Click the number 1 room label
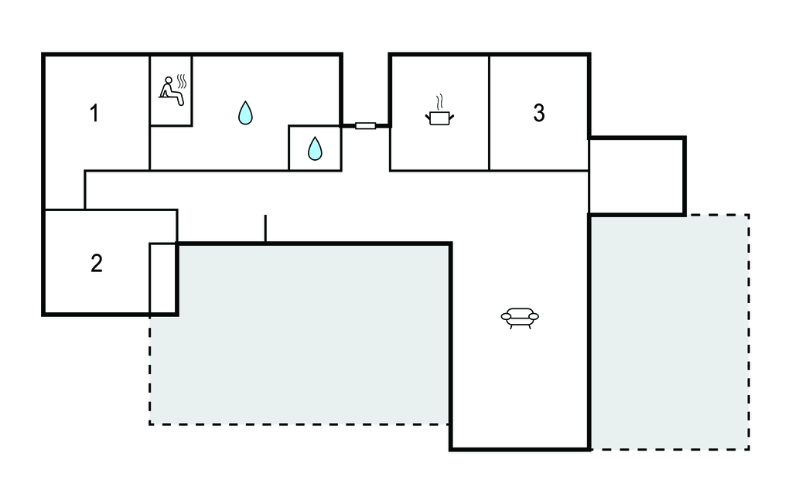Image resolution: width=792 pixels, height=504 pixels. tap(94, 114)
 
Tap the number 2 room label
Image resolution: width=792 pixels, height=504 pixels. tap(96, 264)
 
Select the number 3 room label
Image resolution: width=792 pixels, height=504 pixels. tap(539, 113)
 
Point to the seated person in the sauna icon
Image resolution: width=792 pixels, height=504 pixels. tap(168, 89)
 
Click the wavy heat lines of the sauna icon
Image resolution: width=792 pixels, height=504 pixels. tap(182, 80)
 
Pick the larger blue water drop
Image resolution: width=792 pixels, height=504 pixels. tap(245, 113)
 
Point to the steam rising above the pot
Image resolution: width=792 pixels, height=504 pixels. tap(439, 101)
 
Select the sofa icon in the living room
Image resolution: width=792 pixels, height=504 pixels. tap(520, 317)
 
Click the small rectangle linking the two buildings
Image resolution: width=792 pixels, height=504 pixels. tap(365, 125)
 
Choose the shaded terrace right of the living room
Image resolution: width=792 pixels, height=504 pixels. tap(669, 332)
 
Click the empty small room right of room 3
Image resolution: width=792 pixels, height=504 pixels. tap(636, 176)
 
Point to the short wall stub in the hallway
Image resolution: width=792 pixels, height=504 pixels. tap(265, 229)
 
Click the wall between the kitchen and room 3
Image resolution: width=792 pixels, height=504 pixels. tap(489, 112)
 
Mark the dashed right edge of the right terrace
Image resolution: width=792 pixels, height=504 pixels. tap(749, 332)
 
